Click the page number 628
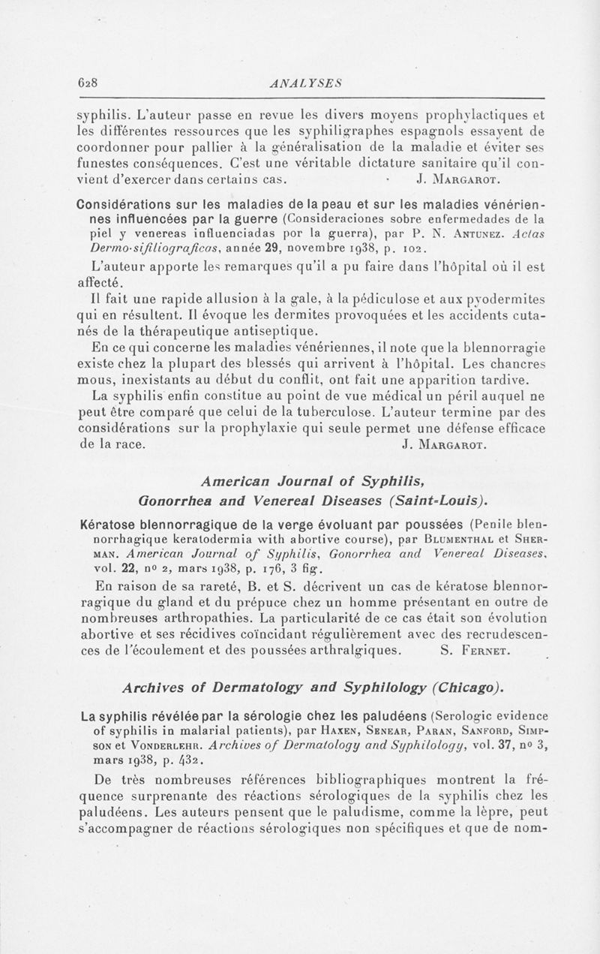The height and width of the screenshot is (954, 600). tap(91, 83)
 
